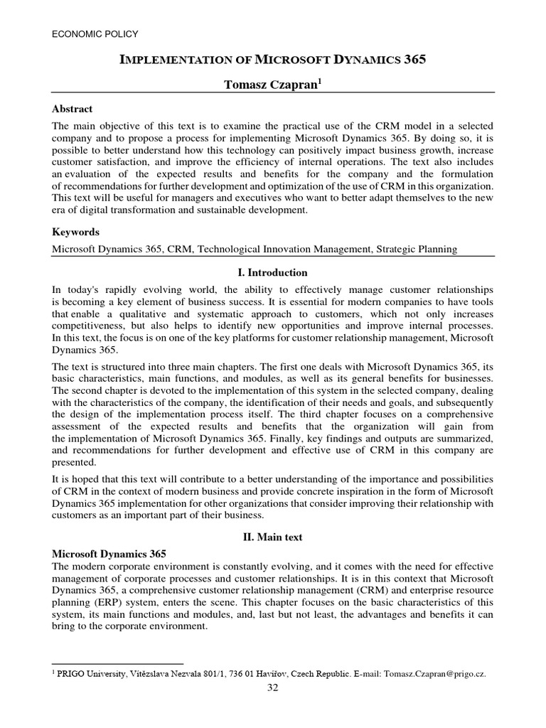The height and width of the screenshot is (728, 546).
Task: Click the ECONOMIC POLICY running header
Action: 95,33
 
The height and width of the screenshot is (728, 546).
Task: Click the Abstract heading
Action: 73,109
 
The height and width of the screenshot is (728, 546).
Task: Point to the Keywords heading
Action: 76,232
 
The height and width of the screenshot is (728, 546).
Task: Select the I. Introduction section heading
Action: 272,272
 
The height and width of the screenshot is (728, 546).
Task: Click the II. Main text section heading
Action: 272,537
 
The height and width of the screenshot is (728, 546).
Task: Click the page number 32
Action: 273,687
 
